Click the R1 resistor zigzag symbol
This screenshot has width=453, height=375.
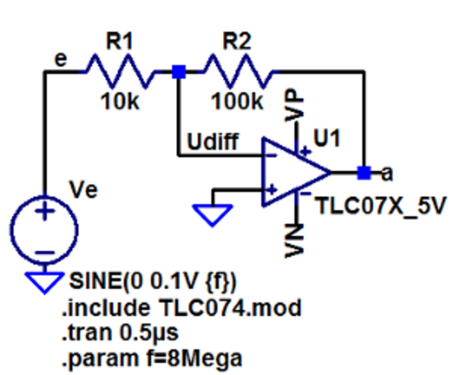click(x=120, y=71)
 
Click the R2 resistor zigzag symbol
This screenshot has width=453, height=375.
click(x=239, y=71)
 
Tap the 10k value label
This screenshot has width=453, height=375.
click(x=120, y=102)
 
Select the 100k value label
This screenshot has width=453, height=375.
click(x=237, y=102)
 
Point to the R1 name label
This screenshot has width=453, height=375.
click(x=119, y=41)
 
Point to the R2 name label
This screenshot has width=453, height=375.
click(x=237, y=41)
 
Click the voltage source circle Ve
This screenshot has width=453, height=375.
click(x=45, y=230)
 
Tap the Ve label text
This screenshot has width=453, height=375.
click(x=84, y=190)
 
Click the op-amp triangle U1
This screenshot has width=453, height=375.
click(x=296, y=172)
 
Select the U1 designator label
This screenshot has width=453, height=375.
click(x=327, y=138)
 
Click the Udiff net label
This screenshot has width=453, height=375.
click(x=213, y=141)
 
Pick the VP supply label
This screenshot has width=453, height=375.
click(x=294, y=105)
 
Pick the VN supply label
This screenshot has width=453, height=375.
click(x=294, y=241)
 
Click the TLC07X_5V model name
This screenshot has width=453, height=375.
click(x=381, y=206)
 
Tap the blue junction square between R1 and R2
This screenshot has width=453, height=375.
click(x=179, y=72)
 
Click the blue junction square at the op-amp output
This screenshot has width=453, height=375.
click(x=365, y=172)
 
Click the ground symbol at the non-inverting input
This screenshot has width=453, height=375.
click(x=213, y=215)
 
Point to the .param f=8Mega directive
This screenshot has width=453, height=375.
click(x=152, y=358)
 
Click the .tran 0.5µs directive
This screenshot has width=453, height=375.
click(x=120, y=333)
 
